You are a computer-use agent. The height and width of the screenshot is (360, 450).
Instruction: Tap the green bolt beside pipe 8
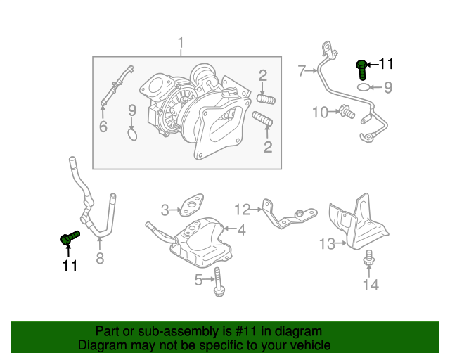(x=69, y=238)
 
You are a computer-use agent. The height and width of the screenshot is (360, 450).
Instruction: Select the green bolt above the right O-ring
(x=361, y=69)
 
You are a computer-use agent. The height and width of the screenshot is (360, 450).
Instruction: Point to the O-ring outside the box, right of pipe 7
(x=361, y=87)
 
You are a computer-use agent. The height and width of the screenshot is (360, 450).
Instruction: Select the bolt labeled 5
(x=219, y=281)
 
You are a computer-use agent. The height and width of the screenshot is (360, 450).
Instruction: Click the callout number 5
(x=199, y=281)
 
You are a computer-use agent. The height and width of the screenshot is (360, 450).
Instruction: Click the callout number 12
(x=242, y=209)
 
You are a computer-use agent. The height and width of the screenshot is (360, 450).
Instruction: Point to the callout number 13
(x=327, y=244)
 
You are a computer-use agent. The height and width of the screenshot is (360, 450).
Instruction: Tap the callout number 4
(x=240, y=229)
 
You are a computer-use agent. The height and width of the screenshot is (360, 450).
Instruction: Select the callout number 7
(x=302, y=70)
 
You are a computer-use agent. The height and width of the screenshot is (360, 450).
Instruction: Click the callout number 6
(x=103, y=127)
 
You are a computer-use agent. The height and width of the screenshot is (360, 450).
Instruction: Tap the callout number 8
(x=100, y=258)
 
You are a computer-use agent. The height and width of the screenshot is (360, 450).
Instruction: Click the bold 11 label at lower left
(x=69, y=266)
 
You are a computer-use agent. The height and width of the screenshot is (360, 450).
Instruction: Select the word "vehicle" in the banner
(x=308, y=345)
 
